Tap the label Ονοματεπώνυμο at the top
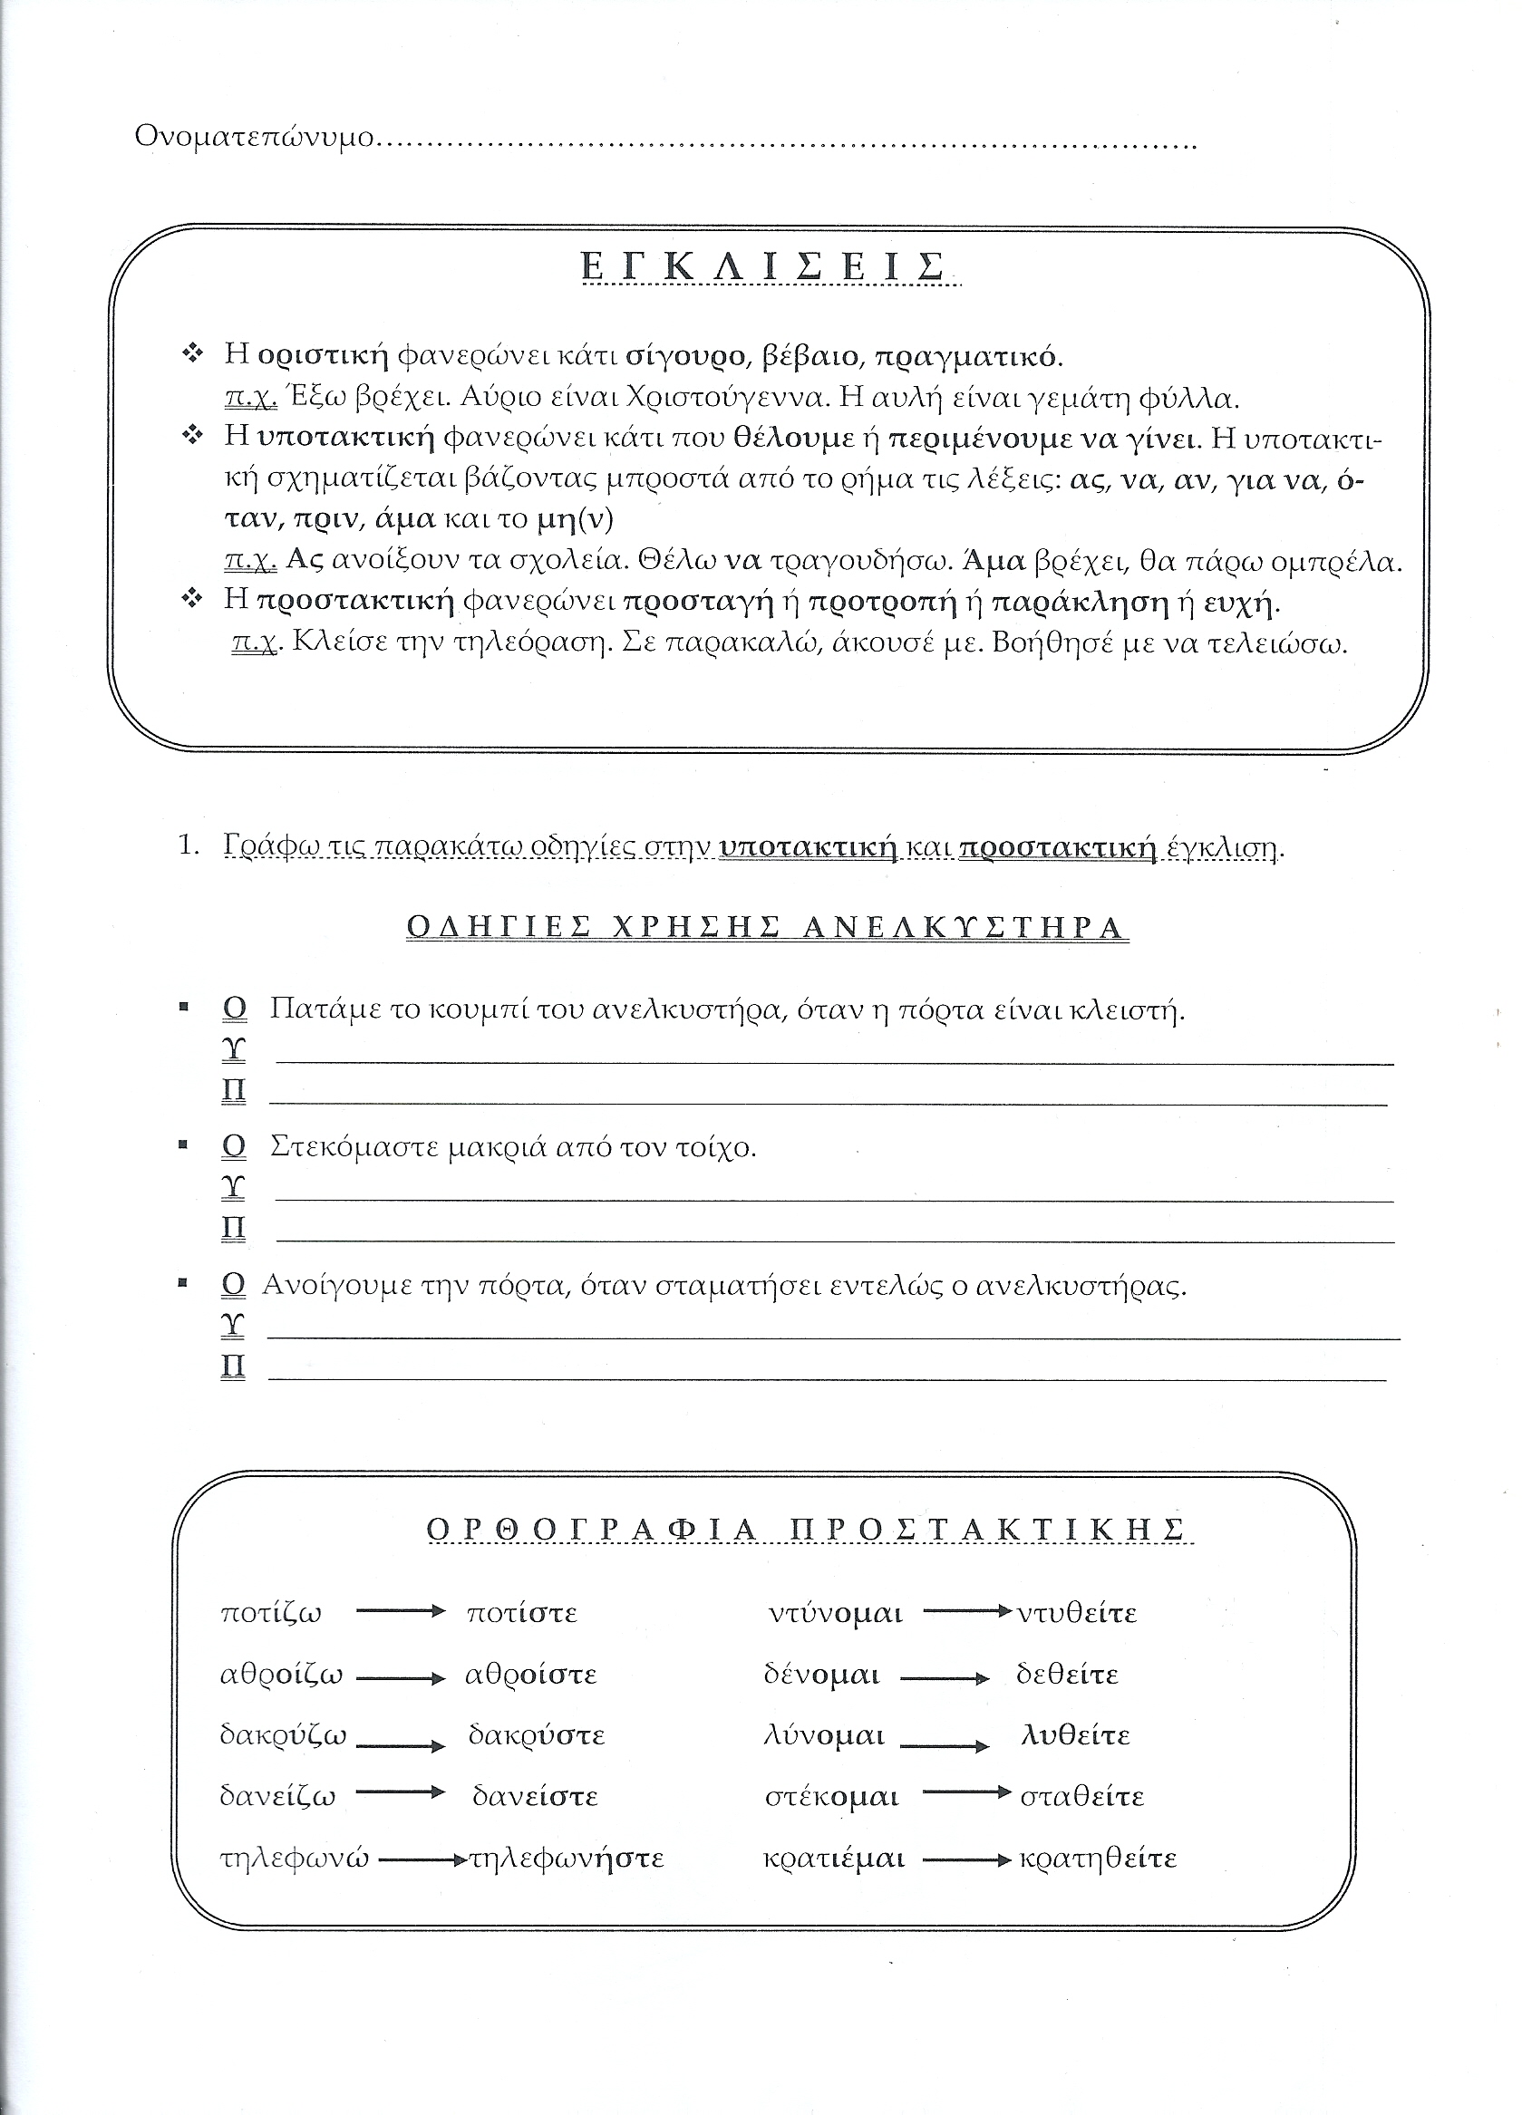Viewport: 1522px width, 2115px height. pos(254,137)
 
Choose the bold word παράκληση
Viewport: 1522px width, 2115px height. pos(1079,602)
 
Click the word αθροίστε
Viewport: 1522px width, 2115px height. pos(530,1674)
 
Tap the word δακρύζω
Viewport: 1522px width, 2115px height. pos(283,1735)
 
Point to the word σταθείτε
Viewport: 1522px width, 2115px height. pos(1081,1797)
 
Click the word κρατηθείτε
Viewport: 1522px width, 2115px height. pos(1098,1859)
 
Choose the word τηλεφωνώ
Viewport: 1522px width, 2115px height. pos(294,1859)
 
